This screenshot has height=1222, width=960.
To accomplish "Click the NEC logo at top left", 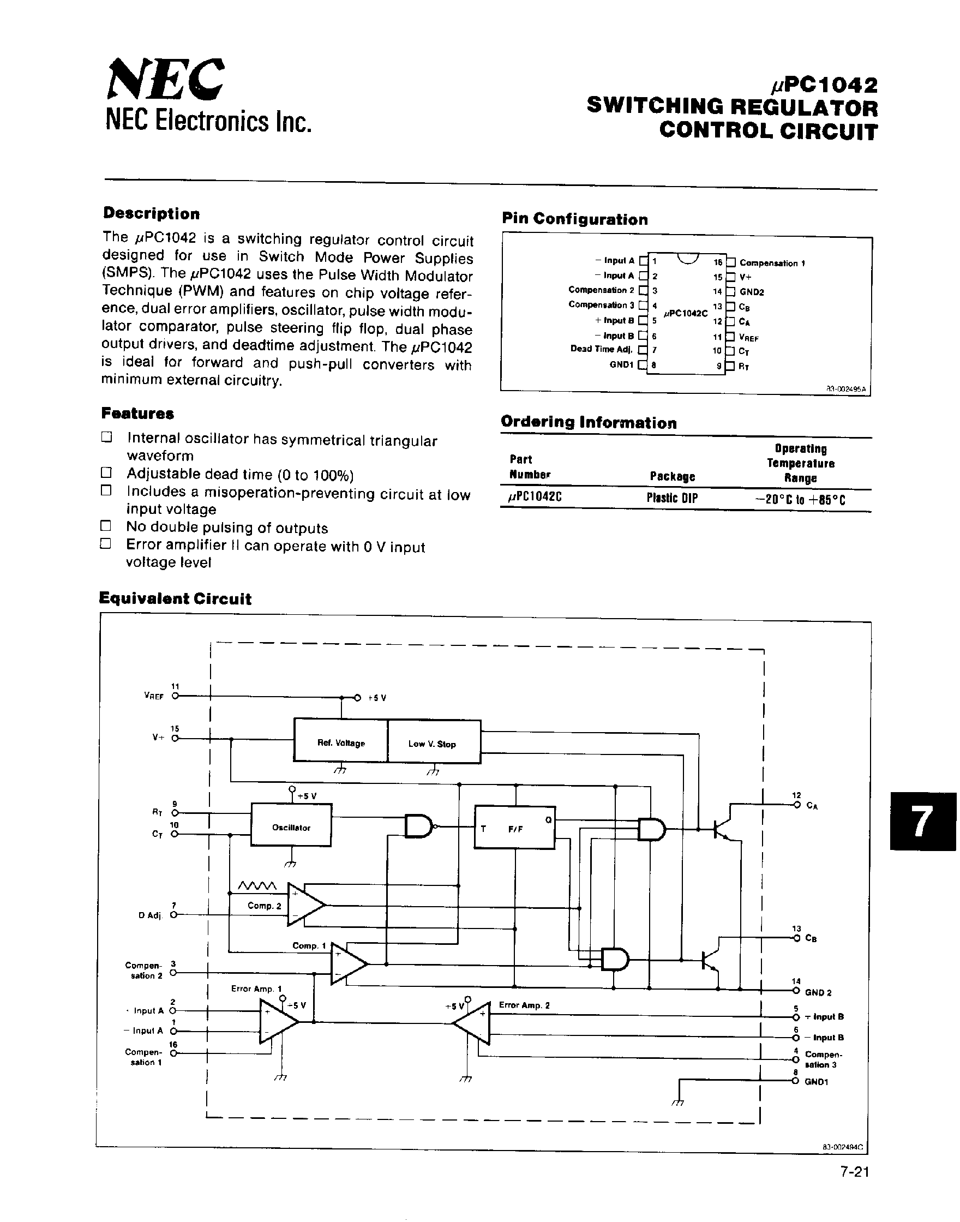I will [166, 80].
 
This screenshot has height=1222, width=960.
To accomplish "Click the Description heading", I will [151, 214].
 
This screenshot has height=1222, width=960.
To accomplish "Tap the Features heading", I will [137, 414].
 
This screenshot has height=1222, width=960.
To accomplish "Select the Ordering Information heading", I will [589, 423].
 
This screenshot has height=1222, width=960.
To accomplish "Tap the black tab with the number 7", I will [922, 822].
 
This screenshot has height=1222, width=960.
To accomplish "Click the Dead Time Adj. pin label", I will [601, 349].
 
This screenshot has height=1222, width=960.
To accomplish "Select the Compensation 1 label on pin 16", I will [772, 263].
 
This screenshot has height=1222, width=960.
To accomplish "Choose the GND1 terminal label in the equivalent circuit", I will [816, 1081].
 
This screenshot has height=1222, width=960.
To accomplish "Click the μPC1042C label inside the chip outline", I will [686, 314].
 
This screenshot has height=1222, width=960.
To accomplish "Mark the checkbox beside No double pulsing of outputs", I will [106, 526].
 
